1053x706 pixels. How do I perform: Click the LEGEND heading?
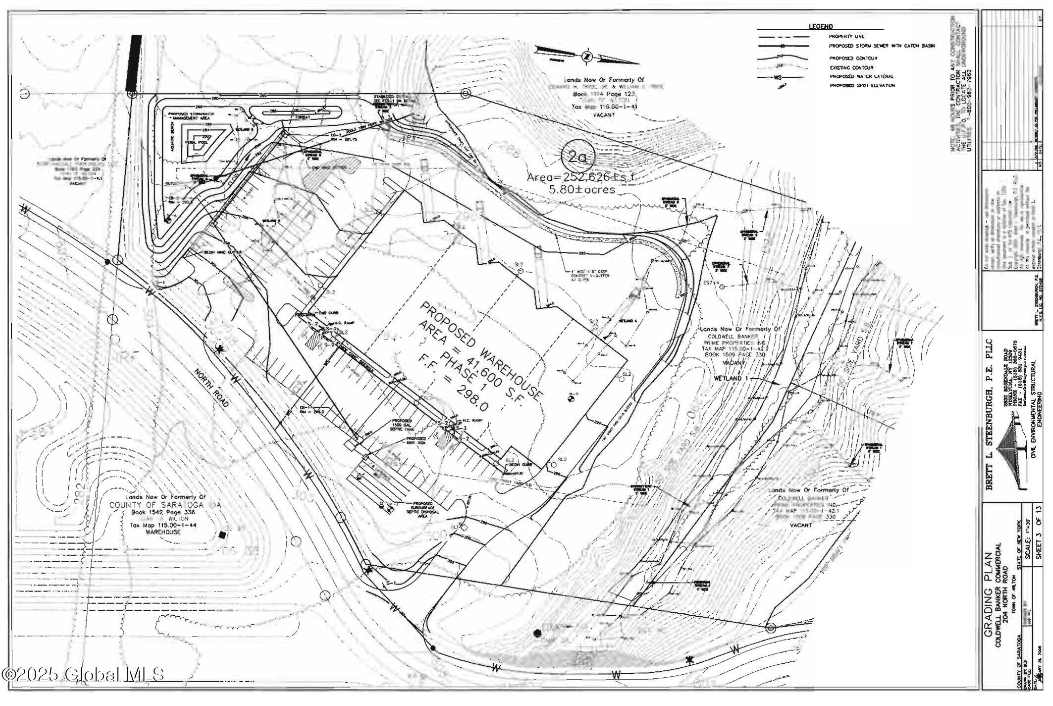[821, 26]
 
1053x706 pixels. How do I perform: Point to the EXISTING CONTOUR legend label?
[852, 68]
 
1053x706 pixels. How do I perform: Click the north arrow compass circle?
[587, 56]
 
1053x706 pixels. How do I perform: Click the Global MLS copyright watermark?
[83, 674]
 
